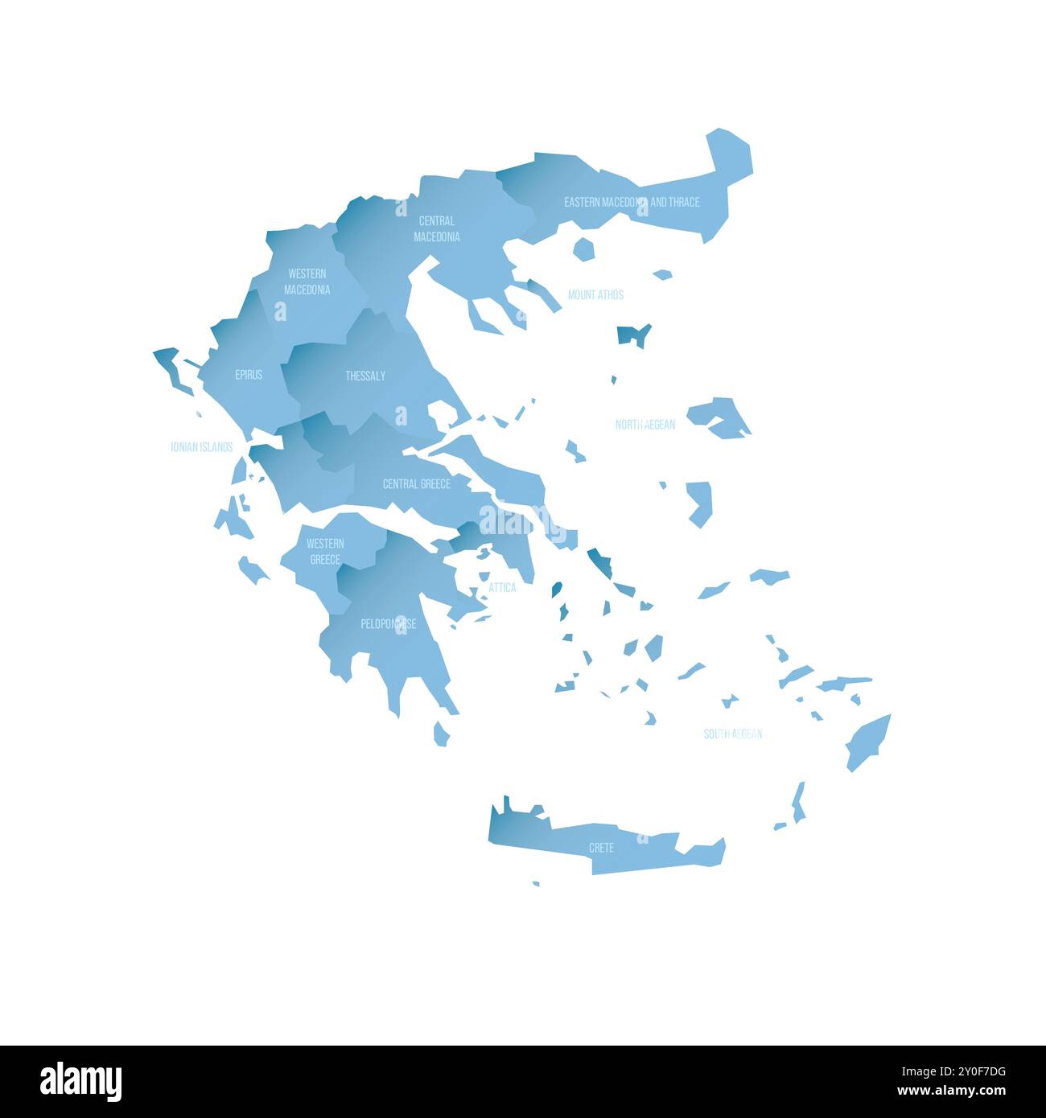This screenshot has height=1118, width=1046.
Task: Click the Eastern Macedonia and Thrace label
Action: tap(632, 202)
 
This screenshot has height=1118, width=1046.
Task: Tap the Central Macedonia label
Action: tap(437, 228)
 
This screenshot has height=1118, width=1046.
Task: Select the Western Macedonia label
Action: tap(307, 282)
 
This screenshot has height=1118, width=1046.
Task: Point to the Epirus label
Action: tap(249, 375)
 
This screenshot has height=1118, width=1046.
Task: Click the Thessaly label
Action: tap(365, 376)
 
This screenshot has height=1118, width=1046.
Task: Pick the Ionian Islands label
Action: tap(201, 447)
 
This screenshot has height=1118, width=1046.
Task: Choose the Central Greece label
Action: tap(416, 484)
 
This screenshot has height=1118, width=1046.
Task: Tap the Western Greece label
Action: tap(325, 552)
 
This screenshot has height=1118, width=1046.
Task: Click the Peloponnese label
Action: tap(388, 623)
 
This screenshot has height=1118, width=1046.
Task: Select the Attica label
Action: tap(502, 588)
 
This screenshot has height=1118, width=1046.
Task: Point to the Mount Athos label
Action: tap(595, 295)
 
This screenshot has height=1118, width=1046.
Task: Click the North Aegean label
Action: tap(645, 425)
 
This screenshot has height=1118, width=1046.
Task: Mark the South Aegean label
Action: tap(732, 734)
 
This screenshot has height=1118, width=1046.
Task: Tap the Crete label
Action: tap(601, 848)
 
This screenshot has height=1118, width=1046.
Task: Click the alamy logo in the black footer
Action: tap(80, 1082)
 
